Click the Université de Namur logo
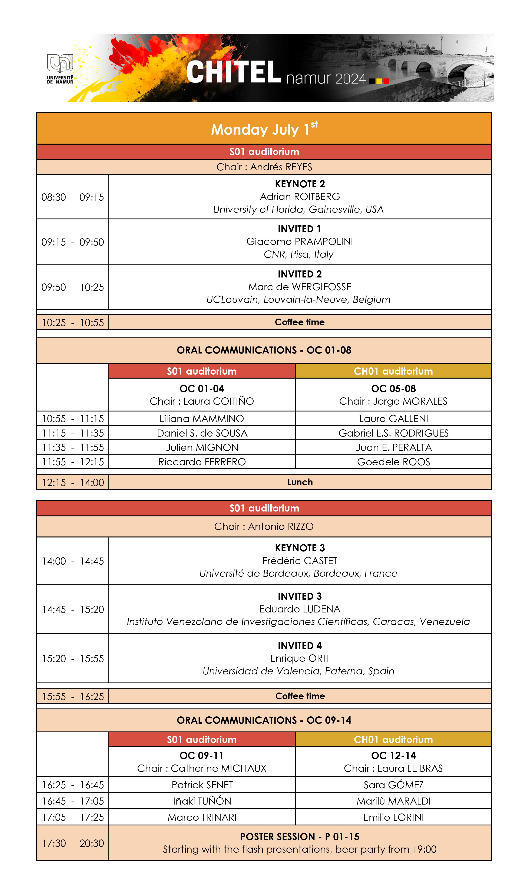pyautogui.click(x=60, y=69)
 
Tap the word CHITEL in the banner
pyautogui.click(x=233, y=72)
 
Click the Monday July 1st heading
pyautogui.click(x=264, y=129)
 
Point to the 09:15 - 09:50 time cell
pyautogui.click(x=73, y=242)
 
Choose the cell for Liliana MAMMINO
pyautogui.click(x=202, y=418)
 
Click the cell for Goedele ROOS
pyautogui.click(x=393, y=462)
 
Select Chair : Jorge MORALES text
pyautogui.click(x=393, y=401)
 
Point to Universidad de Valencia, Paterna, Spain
pyautogui.click(x=298, y=671)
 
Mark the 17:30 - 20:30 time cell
pyautogui.click(x=73, y=843)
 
